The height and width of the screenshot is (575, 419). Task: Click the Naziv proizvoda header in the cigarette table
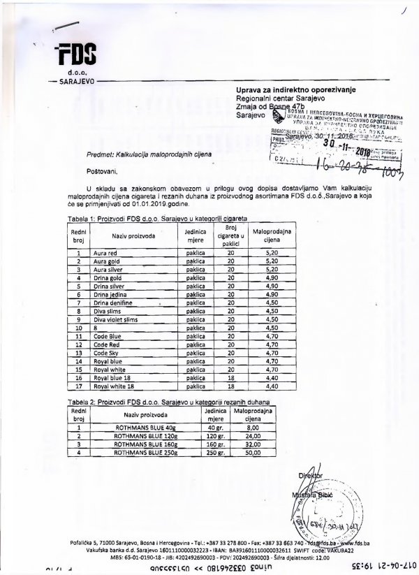pos(133,236)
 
